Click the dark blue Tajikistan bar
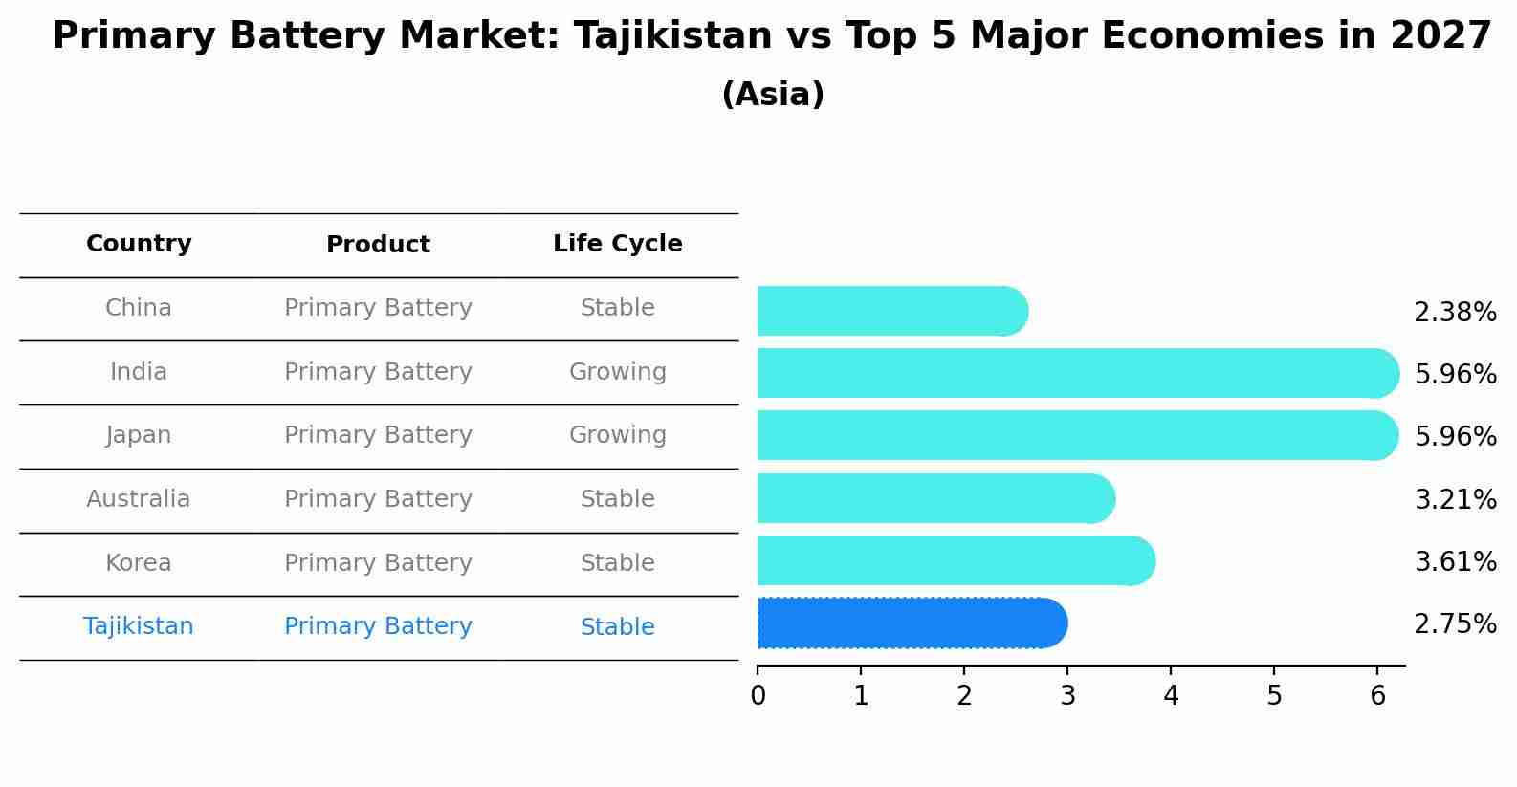coord(909,623)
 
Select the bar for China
coord(890,311)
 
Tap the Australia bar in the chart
coord(934,498)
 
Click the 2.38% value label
coord(1454,313)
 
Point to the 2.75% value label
coord(1454,624)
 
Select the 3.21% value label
coord(1454,499)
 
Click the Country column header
coord(139,244)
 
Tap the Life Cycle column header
coord(617,244)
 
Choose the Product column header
coord(378,245)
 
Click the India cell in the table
coord(139,372)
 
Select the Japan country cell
coord(139,435)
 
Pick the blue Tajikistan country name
coord(139,626)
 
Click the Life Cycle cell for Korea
coord(617,563)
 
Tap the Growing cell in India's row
coord(617,372)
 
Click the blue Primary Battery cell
coord(378,626)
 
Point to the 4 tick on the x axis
coord(1171,696)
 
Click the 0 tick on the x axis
coord(758,696)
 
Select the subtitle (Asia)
coord(773,95)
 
